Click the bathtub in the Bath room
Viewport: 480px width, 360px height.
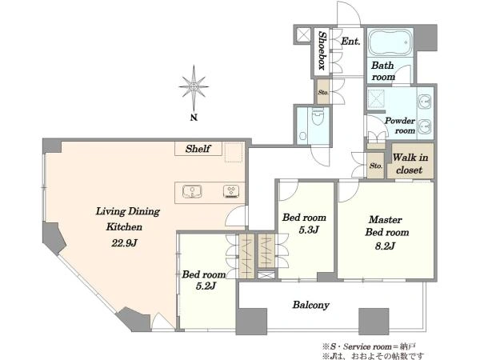coord(390,42)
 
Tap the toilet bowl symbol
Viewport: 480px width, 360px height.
coord(318,118)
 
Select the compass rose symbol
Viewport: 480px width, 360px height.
coord(194,88)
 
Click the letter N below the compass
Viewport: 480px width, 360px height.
coord(194,118)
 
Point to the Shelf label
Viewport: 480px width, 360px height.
coord(198,149)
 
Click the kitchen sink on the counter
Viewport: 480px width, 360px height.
coord(192,192)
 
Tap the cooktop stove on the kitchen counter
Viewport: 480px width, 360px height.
coord(231,192)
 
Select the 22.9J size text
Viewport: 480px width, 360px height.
coord(124,243)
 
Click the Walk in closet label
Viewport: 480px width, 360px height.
coord(410,164)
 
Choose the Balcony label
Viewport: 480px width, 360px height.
coord(310,305)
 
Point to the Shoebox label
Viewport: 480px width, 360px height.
coord(322,51)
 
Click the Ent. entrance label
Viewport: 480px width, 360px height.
coord(350,42)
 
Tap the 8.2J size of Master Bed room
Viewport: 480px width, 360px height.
coord(385,246)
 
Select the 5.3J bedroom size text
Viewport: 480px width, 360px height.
coord(309,230)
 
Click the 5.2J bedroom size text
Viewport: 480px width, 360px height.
coord(206,286)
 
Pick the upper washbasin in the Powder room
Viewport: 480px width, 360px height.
coord(425,101)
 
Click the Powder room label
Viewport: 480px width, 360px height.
coord(400,126)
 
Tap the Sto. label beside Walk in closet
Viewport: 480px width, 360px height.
coord(376,166)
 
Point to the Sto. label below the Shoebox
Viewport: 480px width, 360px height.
coord(323,92)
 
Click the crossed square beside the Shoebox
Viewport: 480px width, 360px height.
coord(303,35)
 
